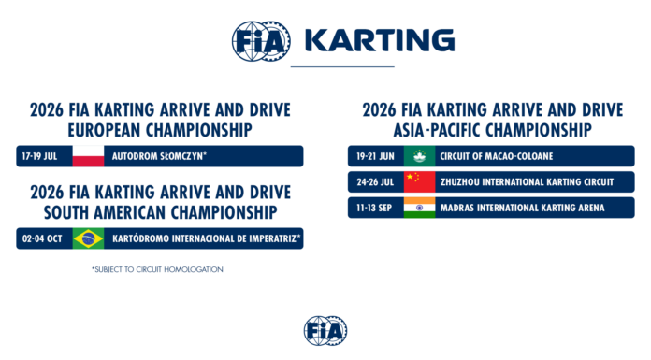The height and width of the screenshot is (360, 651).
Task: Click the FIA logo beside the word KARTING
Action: tap(261, 41)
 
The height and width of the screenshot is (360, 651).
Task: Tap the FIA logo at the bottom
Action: tap(325, 330)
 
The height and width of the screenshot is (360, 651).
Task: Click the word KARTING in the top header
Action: tap(380, 40)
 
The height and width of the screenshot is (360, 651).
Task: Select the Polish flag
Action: tap(88, 156)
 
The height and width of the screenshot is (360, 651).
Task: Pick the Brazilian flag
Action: tap(88, 238)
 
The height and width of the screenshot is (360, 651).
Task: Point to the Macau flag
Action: tap(419, 156)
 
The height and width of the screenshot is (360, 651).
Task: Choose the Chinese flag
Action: tap(419, 181)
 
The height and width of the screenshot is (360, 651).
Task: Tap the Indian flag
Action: tap(419, 208)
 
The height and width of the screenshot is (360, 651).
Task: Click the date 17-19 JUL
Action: tap(39, 156)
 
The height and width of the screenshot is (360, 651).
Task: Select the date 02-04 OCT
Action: tap(42, 238)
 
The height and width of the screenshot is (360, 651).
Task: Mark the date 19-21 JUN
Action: tap(375, 156)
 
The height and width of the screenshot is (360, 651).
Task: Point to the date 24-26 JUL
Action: tap(375, 182)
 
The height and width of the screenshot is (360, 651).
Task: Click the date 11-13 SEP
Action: tap(374, 208)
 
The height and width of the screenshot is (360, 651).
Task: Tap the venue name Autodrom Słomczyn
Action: tap(159, 156)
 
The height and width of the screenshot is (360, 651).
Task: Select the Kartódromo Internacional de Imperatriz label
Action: tap(207, 238)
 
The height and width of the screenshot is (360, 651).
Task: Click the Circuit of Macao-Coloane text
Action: tap(497, 156)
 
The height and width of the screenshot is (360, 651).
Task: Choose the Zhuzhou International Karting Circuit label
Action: tap(527, 182)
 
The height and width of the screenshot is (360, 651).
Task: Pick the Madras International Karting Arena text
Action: tap(522, 208)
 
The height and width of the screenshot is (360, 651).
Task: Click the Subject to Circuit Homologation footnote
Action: tap(157, 269)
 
